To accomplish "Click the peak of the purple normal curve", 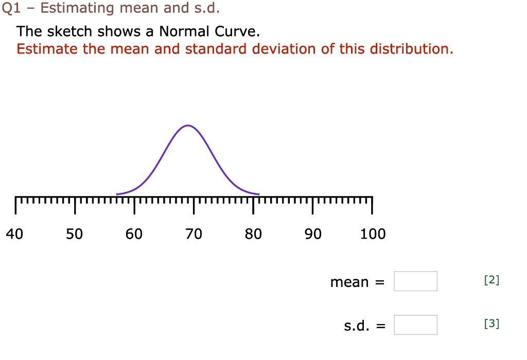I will (188, 125).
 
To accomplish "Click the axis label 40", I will (14, 235).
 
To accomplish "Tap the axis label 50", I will (74, 235).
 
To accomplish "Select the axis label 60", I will (134, 235).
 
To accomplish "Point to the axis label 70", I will (194, 235).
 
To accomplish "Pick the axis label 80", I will (253, 235).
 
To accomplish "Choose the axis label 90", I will (313, 235).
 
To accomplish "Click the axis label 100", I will (373, 235).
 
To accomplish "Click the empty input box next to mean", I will (416, 281).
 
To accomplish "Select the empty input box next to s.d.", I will (416, 325).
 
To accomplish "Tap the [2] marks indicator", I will (491, 280).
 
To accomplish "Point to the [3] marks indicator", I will (491, 324).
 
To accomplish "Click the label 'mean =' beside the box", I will (357, 282).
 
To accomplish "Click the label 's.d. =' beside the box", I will (364, 326).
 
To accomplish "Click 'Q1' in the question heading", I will (10, 8).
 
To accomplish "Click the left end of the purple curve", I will (117, 194).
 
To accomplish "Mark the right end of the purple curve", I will (258, 194).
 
